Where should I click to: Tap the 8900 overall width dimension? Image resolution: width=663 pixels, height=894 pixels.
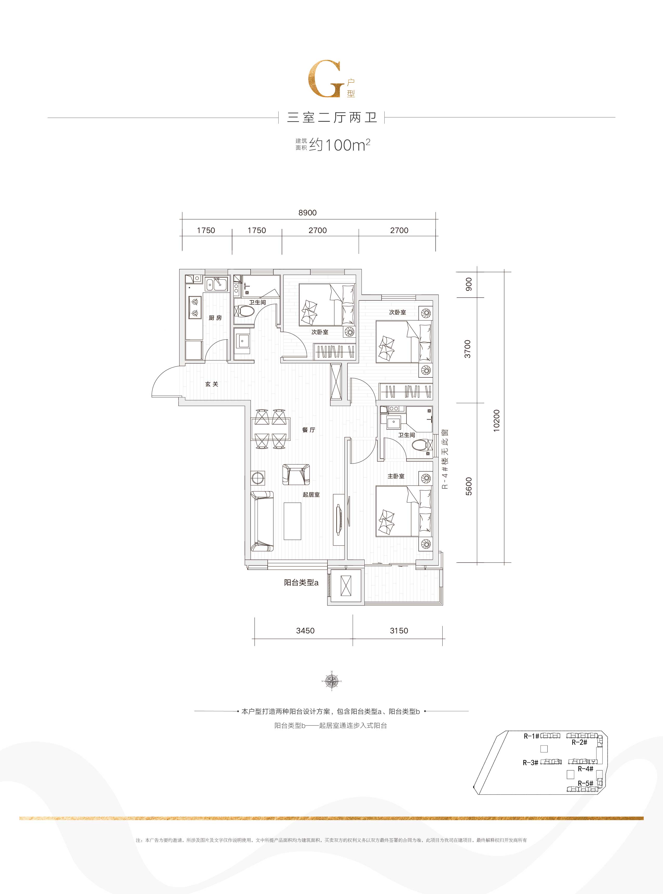pyautogui.click(x=307, y=213)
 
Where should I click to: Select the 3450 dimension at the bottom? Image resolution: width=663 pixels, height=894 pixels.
pyautogui.click(x=305, y=631)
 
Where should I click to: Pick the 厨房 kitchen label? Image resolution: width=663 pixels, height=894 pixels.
pyautogui.click(x=215, y=318)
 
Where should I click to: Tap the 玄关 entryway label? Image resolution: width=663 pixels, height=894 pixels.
pyautogui.click(x=212, y=384)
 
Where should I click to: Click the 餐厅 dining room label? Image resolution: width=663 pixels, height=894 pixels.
pyautogui.click(x=308, y=430)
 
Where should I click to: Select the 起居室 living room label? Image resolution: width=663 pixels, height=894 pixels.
pyautogui.click(x=311, y=494)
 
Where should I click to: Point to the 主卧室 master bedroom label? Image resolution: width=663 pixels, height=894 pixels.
pyautogui.click(x=396, y=476)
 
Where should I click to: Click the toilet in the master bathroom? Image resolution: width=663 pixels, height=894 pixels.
pyautogui.click(x=420, y=445)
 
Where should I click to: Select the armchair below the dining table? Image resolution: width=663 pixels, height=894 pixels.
pyautogui.click(x=296, y=474)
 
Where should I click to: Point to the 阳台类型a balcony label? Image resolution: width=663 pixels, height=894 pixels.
pyautogui.click(x=301, y=583)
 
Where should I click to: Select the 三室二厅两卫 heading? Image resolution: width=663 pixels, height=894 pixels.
pyautogui.click(x=332, y=118)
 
